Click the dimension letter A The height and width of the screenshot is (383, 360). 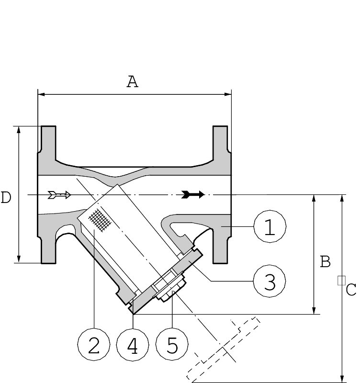click(133, 82)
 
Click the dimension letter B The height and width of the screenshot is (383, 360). click(325, 262)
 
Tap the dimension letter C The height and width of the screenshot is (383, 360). click(351, 290)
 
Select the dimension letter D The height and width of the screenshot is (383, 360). click(6, 197)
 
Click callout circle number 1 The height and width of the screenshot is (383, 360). click(270, 226)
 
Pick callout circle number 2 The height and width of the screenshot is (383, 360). click(94, 344)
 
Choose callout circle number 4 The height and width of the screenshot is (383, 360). click(133, 344)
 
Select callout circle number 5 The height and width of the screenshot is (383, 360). click(172, 344)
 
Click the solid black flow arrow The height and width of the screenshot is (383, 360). click(193, 194)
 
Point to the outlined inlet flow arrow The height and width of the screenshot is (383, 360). click(59, 195)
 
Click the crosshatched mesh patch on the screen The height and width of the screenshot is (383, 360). click(100, 220)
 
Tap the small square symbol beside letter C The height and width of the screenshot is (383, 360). click(341, 281)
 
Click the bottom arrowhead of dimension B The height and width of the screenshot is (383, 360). click(314, 311)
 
